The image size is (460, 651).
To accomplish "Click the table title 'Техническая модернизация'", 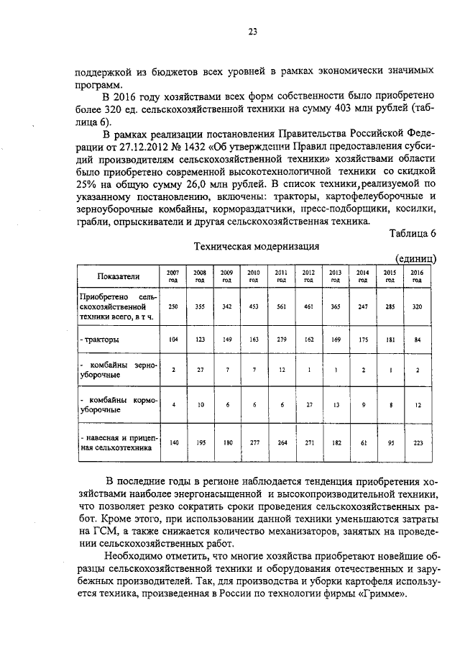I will [x=257, y=245].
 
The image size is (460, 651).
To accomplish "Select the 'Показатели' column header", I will [x=119, y=276].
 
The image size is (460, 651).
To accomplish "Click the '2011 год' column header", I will [x=281, y=276].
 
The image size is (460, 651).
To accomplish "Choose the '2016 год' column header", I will [x=416, y=276].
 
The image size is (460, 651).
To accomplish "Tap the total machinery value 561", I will [x=281, y=306].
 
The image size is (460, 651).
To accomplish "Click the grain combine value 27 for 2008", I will [x=200, y=370].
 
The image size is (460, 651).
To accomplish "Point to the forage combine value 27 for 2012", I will [x=308, y=404].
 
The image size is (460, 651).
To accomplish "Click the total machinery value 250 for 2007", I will [x=172, y=306].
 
